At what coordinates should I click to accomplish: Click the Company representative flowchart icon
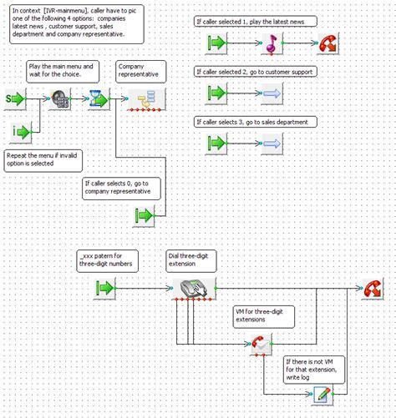pos(145,101)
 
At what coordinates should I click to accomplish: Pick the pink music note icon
pos(272,44)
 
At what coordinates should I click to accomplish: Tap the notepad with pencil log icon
pos(323,395)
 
